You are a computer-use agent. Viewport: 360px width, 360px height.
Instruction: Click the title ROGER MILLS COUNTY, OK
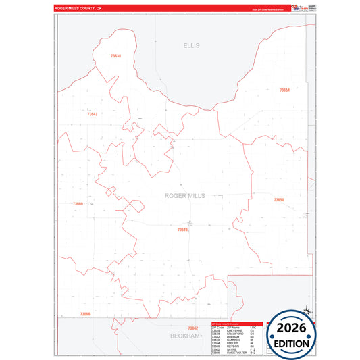(78, 9)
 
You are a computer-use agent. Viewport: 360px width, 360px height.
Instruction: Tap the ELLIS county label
(191, 45)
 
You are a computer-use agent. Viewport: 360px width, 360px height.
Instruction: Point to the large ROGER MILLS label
(184, 195)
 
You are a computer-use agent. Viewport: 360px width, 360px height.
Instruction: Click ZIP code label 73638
(115, 56)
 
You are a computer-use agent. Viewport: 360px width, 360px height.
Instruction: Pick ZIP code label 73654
(284, 90)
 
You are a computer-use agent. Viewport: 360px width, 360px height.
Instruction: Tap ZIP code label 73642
(93, 114)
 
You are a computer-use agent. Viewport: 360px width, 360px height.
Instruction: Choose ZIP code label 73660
(78, 203)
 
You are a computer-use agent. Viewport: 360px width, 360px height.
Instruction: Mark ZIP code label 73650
(279, 200)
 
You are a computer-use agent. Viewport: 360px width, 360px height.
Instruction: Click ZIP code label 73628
(182, 230)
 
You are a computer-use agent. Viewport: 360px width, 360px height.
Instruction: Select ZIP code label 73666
(84, 314)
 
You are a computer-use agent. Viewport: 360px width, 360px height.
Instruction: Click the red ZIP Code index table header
(236, 323)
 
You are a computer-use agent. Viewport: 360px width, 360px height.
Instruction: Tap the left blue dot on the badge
(272, 336)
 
